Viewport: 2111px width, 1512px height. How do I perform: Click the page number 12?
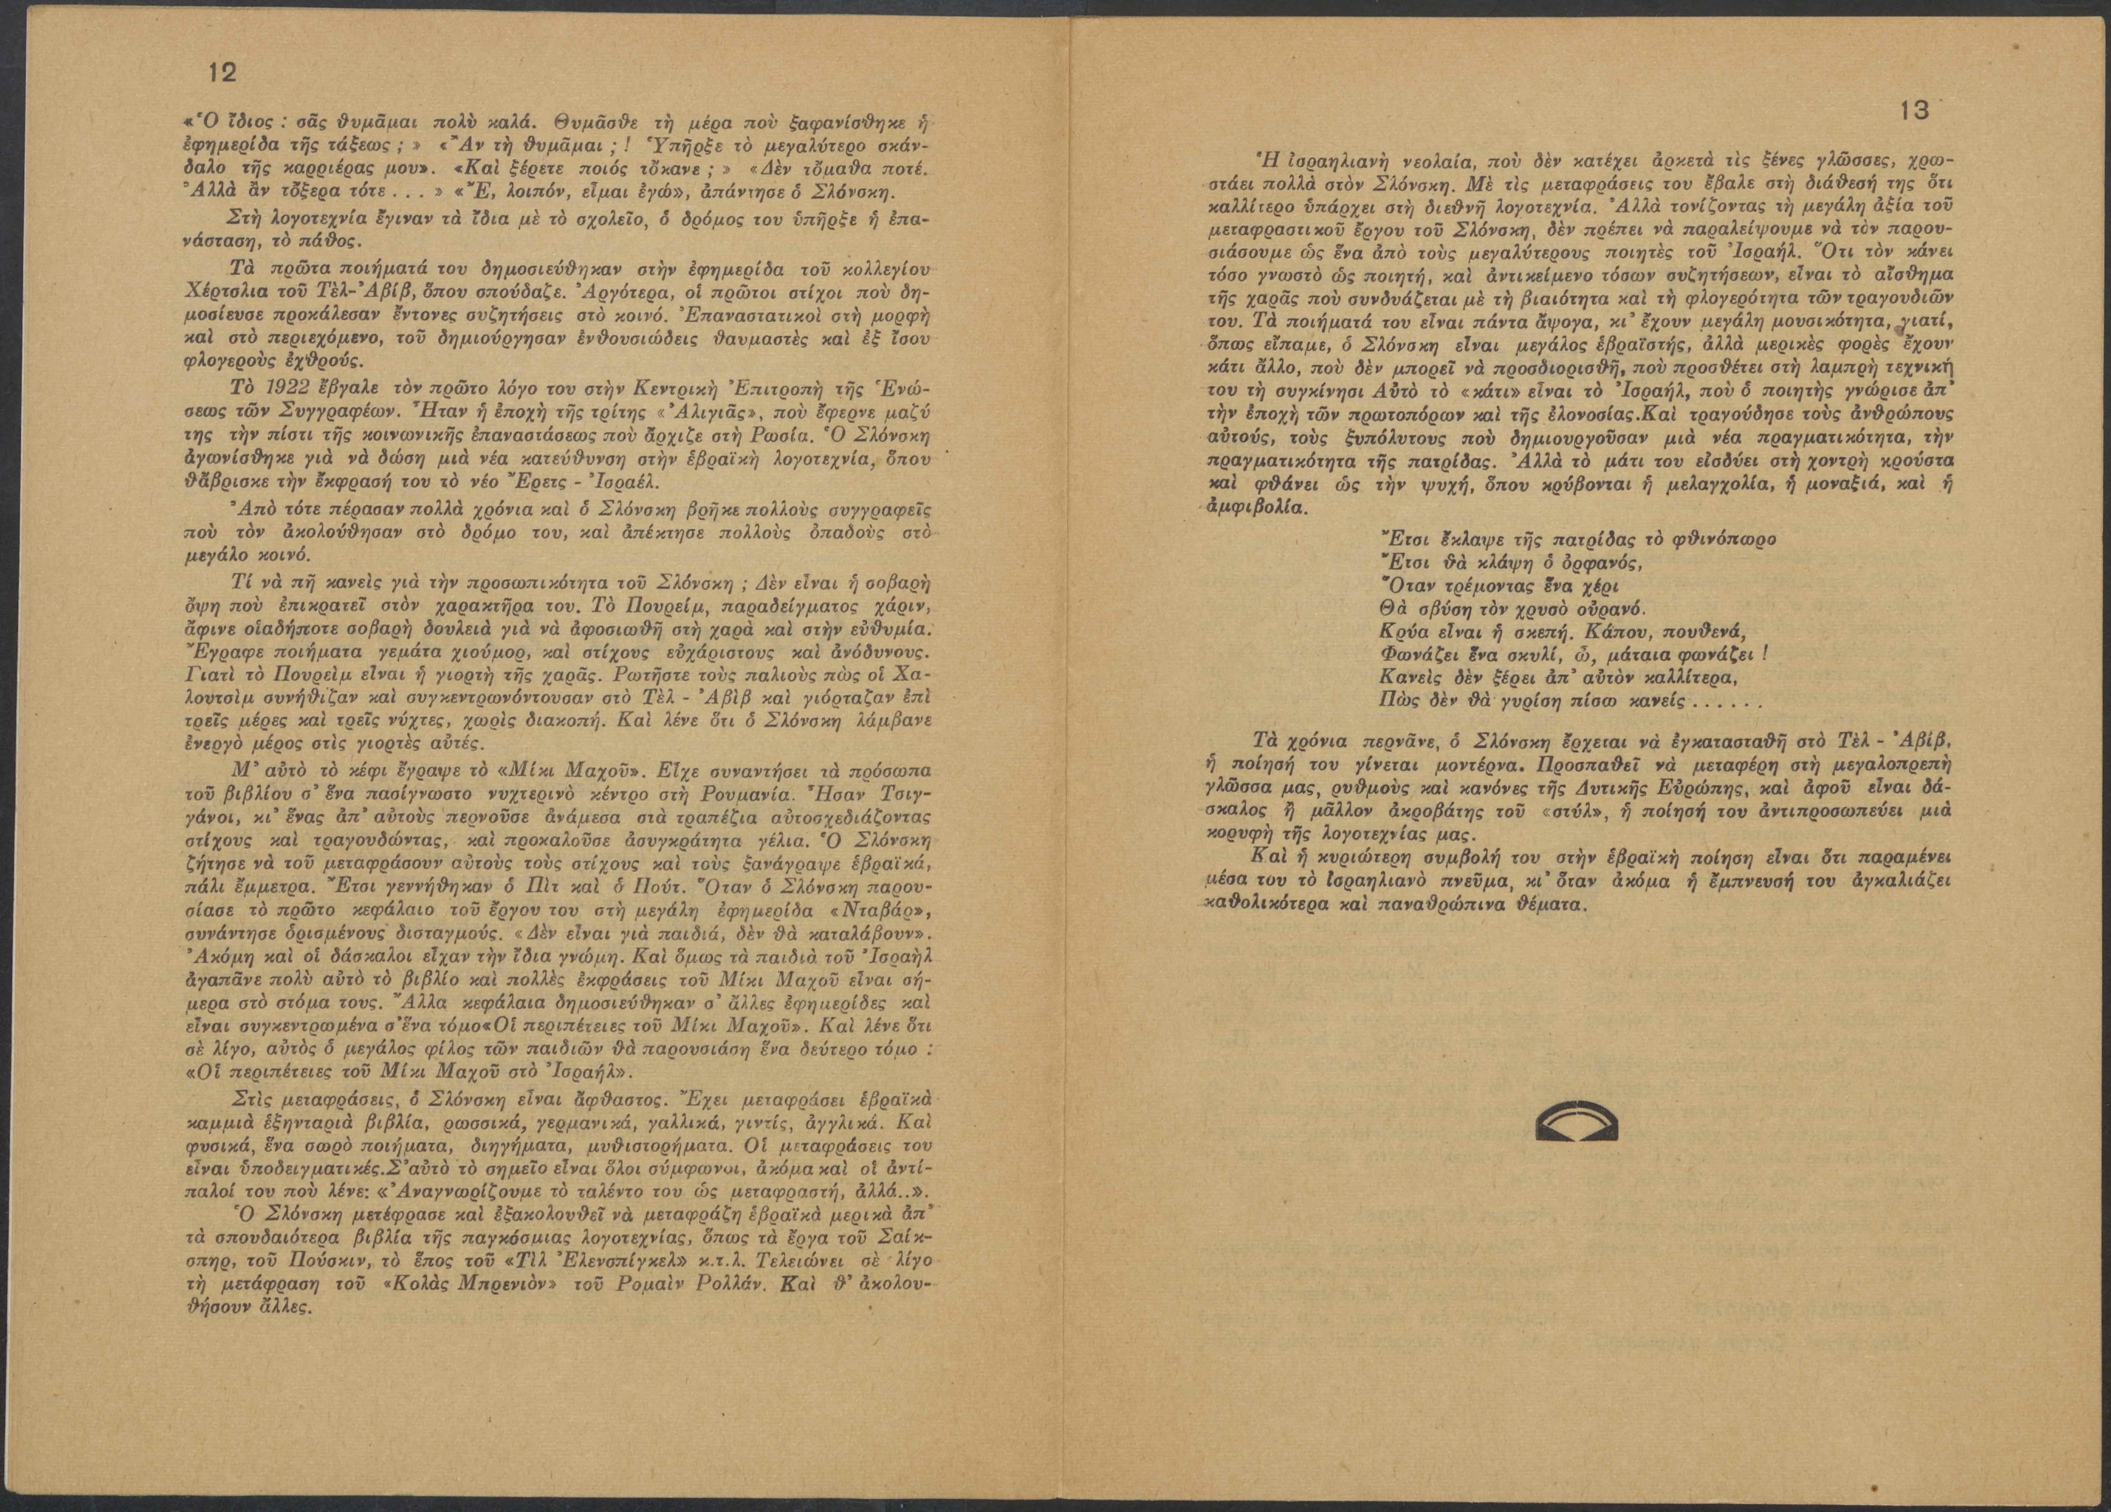click(x=223, y=74)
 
